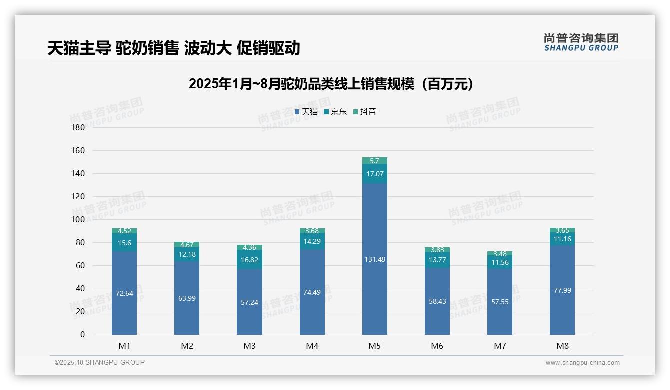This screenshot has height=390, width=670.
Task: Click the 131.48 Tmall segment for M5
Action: click(374, 259)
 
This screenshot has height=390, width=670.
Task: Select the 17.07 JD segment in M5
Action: click(374, 174)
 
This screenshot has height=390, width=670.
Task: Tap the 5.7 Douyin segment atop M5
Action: click(374, 161)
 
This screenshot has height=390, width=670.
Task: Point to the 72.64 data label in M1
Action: click(124, 293)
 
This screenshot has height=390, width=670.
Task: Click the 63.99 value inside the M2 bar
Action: click(187, 298)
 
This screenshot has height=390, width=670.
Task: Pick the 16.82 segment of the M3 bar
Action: click(249, 260)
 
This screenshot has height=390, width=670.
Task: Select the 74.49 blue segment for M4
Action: click(312, 292)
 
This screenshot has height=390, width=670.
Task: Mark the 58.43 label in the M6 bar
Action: click(437, 301)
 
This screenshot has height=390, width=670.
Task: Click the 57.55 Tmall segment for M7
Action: click(499, 302)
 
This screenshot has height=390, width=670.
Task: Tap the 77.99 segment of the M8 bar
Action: click(562, 290)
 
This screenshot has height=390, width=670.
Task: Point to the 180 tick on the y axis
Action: click(78, 127)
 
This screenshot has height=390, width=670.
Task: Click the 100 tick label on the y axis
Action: click(78, 219)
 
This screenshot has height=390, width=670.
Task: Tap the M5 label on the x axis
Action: click(374, 346)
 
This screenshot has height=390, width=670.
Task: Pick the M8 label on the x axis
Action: click(562, 346)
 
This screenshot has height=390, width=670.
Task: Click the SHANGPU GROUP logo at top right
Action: click(581, 42)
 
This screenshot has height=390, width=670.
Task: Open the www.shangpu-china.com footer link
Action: click(582, 363)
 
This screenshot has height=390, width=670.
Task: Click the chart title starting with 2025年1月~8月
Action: click(331, 84)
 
